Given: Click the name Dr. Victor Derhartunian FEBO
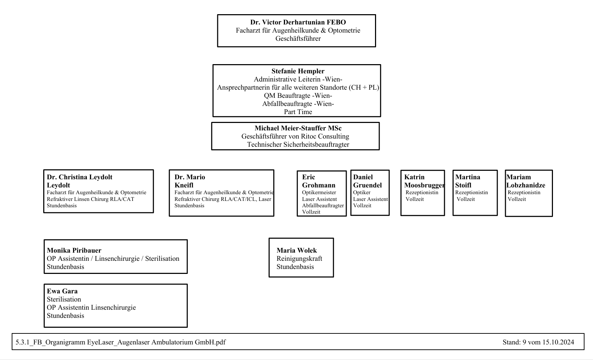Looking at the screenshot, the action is coord(298,22).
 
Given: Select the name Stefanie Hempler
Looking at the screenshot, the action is coord(298,71).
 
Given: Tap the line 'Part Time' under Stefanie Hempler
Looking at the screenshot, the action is coord(298,112).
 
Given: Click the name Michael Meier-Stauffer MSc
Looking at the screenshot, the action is coord(298,128).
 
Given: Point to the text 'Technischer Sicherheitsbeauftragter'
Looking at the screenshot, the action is coord(298,145).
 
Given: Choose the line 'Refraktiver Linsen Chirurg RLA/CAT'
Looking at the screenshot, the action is coord(90,199).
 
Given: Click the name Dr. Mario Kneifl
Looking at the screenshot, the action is coord(190,181).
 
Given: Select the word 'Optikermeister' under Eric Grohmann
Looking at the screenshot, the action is coord(319,192).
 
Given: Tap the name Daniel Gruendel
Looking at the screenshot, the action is coord(368,181).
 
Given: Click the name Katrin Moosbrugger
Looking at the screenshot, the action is coord(424,181).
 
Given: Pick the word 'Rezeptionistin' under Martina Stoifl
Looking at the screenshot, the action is coord(471,192).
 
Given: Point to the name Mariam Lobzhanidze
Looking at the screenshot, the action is coord(526,181).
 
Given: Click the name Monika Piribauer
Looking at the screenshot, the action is coord(74,251).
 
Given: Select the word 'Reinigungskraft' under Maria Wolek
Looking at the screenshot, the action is coord(300,259).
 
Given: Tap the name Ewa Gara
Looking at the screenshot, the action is coord(62,291).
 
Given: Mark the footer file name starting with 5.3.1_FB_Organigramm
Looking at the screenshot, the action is coord(121,342).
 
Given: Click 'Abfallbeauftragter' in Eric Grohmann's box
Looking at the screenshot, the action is coord(323,206).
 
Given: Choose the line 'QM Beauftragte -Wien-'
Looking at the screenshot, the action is coord(298,96).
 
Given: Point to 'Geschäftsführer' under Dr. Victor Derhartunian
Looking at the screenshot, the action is coord(298,39).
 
